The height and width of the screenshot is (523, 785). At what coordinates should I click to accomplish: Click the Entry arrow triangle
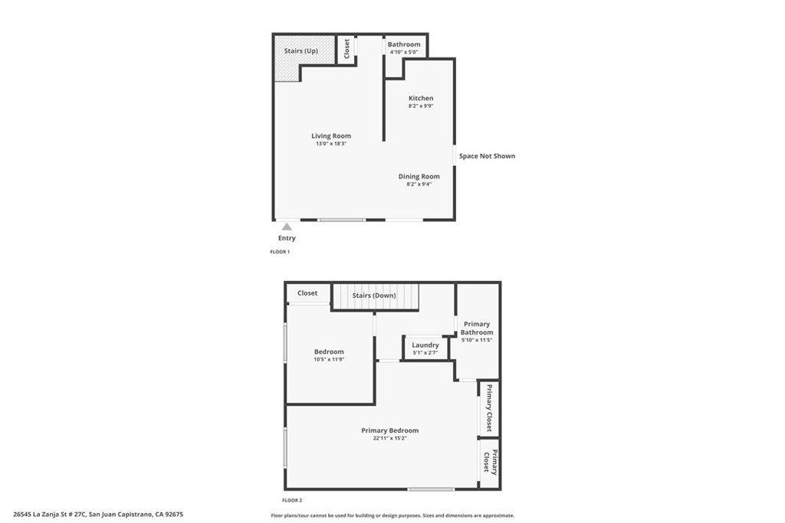point(287,227)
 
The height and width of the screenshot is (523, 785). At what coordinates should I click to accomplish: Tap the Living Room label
point(331,136)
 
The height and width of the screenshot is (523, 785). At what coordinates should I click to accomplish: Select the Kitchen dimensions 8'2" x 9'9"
point(421,106)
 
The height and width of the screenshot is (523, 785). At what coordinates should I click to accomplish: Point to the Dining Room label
point(419,176)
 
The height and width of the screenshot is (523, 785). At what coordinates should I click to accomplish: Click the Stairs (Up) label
point(301,51)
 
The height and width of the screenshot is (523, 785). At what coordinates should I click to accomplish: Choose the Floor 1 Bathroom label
point(404,44)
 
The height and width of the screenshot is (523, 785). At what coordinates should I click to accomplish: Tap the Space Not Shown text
point(487,156)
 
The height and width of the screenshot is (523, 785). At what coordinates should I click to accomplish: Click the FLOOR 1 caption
point(280,252)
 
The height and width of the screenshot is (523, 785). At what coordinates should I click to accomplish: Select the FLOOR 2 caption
point(292,501)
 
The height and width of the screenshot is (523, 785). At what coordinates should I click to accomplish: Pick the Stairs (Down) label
point(374,296)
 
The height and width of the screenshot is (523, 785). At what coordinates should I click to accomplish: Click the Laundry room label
point(425,345)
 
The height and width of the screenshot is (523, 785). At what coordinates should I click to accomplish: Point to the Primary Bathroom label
point(477,328)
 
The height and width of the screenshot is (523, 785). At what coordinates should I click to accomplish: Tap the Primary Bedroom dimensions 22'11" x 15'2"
point(389,439)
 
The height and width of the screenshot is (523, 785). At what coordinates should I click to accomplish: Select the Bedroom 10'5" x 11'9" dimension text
point(329,359)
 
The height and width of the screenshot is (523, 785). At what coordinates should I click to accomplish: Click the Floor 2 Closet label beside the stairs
point(307,293)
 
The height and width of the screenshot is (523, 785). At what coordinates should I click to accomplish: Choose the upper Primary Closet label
point(489,408)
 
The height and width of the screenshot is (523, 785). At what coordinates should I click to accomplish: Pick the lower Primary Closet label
point(490,462)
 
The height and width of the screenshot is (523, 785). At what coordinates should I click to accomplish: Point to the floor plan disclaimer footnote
point(392,515)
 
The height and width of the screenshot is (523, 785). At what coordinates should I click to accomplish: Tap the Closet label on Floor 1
point(347,49)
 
